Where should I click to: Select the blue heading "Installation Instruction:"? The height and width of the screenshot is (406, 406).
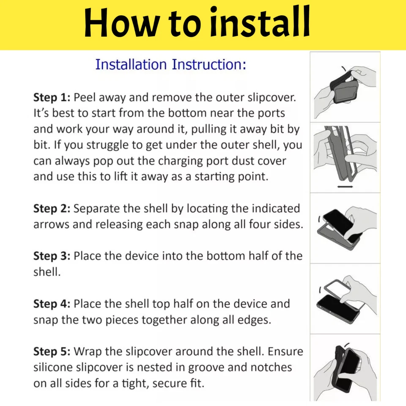pos(170,64)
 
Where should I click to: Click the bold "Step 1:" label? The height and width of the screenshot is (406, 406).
pos(52,98)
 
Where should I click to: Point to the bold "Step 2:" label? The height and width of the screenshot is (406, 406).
pos(52,208)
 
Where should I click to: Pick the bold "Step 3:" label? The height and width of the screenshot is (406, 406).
pos(52,256)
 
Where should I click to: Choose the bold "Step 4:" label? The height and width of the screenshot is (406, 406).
pos(52,304)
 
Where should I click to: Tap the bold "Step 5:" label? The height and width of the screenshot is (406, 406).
pos(52,351)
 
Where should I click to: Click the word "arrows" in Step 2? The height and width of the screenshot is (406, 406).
pos(51,225)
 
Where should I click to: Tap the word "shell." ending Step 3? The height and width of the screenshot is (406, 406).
pos(47,272)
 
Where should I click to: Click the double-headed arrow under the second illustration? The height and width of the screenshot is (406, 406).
pos(345,187)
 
